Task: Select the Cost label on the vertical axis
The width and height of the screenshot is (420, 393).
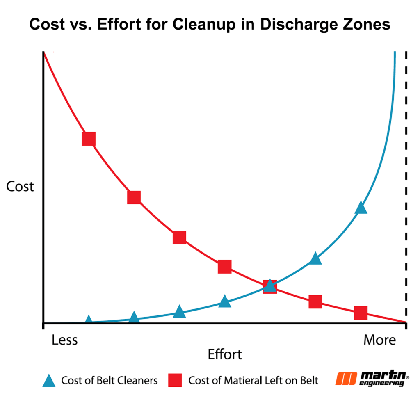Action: (x=20, y=187)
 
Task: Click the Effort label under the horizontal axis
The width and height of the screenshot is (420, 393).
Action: (x=225, y=354)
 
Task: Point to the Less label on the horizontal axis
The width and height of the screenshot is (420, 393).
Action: (x=64, y=340)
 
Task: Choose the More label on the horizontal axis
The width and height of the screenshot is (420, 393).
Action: (x=379, y=340)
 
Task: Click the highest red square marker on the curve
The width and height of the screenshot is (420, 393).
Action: (x=89, y=139)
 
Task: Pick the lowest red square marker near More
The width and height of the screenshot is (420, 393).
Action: (x=360, y=313)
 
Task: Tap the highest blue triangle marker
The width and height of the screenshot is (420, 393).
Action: (x=361, y=208)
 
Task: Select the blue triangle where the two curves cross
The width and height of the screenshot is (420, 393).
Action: (x=269, y=285)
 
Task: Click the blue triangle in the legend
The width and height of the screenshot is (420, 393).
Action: (x=48, y=381)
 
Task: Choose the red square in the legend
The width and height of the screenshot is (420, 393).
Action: (x=175, y=381)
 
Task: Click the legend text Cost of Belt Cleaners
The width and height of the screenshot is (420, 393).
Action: (x=109, y=381)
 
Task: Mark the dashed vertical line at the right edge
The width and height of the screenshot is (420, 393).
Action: (x=406, y=185)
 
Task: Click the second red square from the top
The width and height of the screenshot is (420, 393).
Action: (x=134, y=197)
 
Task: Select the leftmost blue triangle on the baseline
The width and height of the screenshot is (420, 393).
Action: (x=89, y=320)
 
